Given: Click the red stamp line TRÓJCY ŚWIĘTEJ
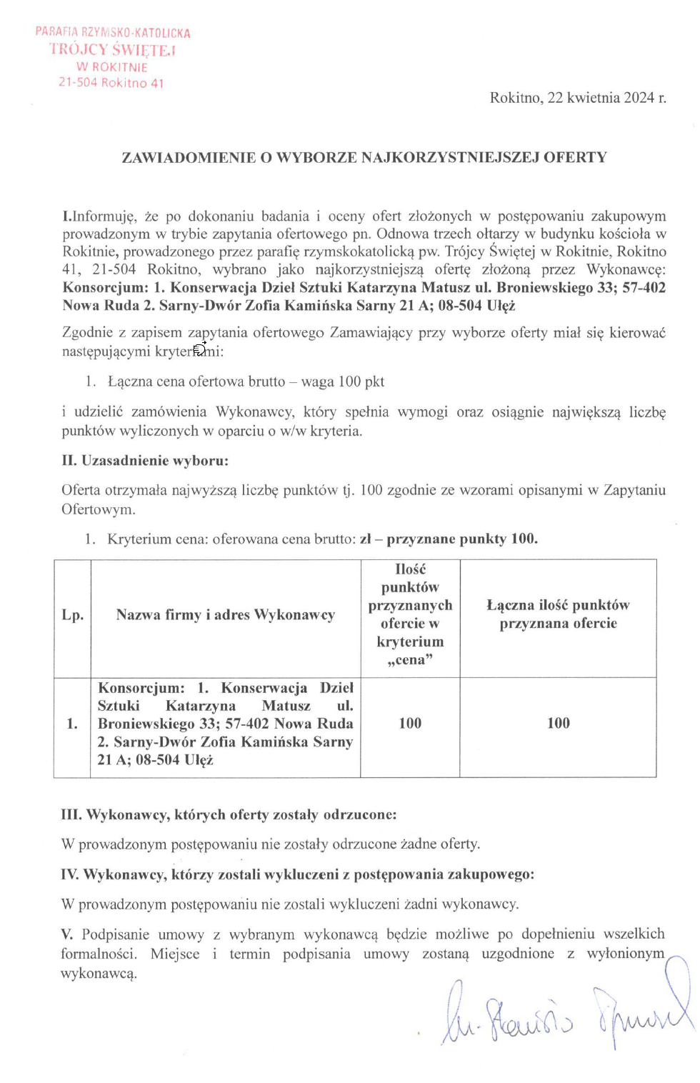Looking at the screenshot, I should pyautogui.click(x=112, y=50).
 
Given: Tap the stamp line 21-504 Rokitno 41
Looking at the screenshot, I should pyautogui.click(x=111, y=83).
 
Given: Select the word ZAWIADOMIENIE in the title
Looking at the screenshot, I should pyautogui.click(x=189, y=157).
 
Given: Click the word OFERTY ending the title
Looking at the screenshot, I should pyautogui.click(x=575, y=157).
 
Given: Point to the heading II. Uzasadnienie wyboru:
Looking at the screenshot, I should pyautogui.click(x=145, y=461).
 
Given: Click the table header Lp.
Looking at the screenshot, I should pyautogui.click(x=72, y=615).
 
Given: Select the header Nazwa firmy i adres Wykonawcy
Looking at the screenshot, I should pyautogui.click(x=225, y=615).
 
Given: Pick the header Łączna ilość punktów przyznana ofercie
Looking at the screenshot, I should pyautogui.click(x=558, y=614).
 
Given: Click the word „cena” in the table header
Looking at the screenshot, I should pyautogui.click(x=410, y=660).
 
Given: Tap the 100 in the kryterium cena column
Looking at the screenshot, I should pyautogui.click(x=410, y=724).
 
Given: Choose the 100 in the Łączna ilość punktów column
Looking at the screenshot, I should pyautogui.click(x=558, y=724).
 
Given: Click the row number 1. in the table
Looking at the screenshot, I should pyautogui.click(x=72, y=724).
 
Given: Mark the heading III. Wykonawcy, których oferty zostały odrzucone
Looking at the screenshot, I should pyautogui.click(x=229, y=815).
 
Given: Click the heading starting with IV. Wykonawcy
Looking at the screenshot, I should pyautogui.click(x=297, y=874).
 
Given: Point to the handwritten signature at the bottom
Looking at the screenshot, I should pyautogui.click(x=564, y=1014).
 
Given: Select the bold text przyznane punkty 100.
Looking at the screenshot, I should pyautogui.click(x=462, y=539).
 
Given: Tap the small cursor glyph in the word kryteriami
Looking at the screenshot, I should pyautogui.click(x=200, y=349).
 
